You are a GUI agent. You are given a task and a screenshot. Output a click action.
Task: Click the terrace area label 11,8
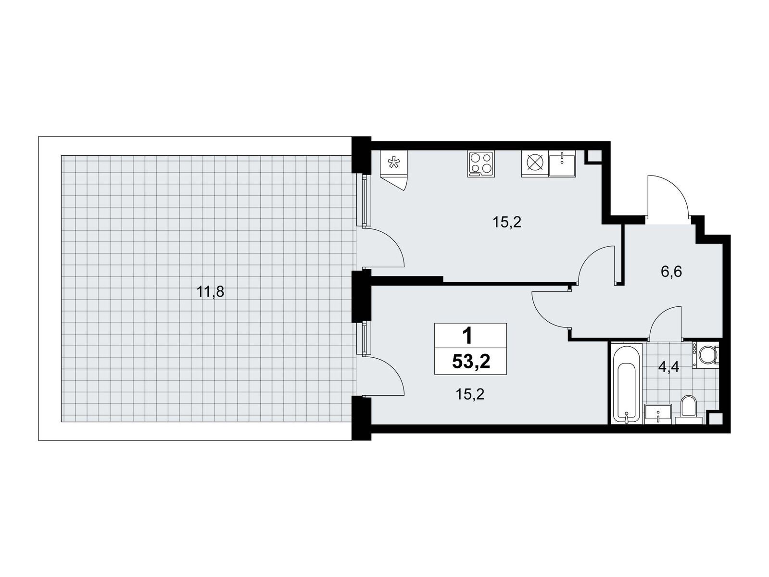pos(210,291)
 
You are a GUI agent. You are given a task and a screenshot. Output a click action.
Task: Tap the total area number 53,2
pos(470,362)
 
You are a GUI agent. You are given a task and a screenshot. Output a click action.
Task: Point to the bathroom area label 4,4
pos(668,367)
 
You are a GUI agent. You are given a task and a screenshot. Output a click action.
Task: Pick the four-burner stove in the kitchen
pos(480,164)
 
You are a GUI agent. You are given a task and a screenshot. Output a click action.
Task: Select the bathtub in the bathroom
pos(627,383)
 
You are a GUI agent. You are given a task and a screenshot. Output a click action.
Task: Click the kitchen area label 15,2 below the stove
pos(506,222)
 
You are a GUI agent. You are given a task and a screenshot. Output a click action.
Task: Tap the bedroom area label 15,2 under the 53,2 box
pos(470,394)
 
